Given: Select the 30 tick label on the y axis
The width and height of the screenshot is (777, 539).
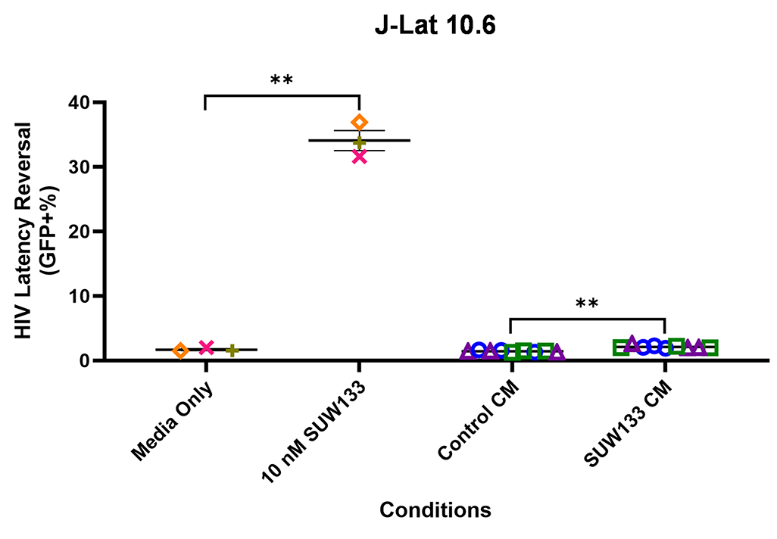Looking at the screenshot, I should point(78,167).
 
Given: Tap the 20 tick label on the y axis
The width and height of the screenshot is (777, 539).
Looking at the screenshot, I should point(78,231).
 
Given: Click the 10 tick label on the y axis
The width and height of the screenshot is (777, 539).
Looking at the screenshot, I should point(78,295).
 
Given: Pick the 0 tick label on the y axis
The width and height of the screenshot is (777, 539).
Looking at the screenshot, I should point(83,360).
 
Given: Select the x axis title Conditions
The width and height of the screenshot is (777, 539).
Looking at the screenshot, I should point(435,510).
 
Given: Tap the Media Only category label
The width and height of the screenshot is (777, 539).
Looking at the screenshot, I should point(173,421).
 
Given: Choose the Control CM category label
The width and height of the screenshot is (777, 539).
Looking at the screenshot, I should point(477,422).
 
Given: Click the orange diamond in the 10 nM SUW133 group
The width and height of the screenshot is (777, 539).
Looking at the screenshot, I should point(360,123).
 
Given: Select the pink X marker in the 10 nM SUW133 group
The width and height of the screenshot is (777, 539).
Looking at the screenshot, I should point(360,157).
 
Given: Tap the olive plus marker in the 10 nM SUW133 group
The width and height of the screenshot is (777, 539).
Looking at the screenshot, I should point(360,142).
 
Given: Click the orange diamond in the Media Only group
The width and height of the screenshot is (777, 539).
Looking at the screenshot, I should point(180,351).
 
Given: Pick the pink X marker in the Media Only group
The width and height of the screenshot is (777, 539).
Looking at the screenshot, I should point(206,347).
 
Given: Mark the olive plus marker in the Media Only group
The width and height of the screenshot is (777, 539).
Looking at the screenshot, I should point(232,350).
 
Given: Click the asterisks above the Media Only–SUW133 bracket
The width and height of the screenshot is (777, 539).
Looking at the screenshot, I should point(282,79).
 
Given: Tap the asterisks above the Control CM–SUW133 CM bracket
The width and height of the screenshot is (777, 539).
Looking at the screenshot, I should point(587,304).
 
